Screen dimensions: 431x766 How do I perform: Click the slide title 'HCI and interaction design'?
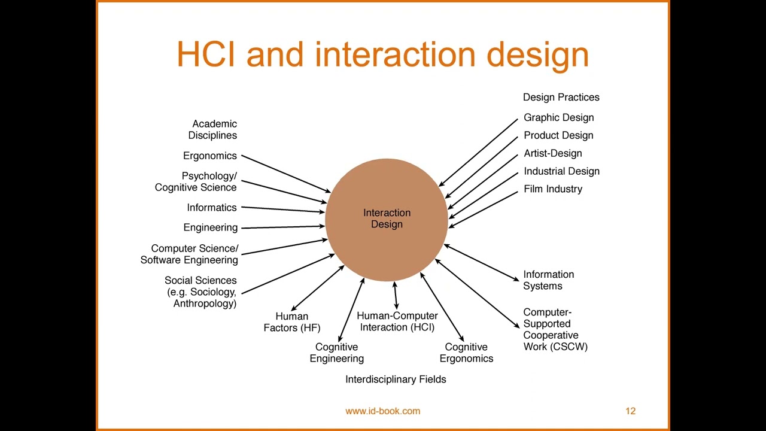[383, 54]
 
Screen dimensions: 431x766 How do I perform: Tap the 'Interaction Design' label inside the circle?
[387, 218]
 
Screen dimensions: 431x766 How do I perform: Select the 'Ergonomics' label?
[209, 156]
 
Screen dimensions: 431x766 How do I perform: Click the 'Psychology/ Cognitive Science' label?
[196, 181]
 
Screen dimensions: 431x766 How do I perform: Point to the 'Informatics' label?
[211, 208]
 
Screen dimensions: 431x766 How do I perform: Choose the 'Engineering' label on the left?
[210, 227]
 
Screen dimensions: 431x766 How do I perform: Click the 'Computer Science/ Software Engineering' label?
[189, 254]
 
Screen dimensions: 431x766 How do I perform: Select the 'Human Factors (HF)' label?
[292, 322]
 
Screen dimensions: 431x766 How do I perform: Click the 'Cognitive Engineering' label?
[336, 353]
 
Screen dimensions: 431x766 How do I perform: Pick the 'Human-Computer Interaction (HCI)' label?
[397, 321]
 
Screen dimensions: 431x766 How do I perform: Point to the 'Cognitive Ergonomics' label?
[466, 353]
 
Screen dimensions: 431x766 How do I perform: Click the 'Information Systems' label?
[548, 280]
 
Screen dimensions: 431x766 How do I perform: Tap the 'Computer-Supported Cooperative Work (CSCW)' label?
[555, 329]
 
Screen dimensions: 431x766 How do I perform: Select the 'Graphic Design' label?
[558, 117]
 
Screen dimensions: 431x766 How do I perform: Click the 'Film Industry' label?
[552, 189]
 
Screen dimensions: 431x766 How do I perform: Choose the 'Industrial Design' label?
[561, 171]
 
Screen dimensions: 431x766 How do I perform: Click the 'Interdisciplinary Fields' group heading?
[396, 380]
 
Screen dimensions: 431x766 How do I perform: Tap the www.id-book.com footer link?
[382, 411]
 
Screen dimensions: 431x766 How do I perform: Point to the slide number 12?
[630, 411]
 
